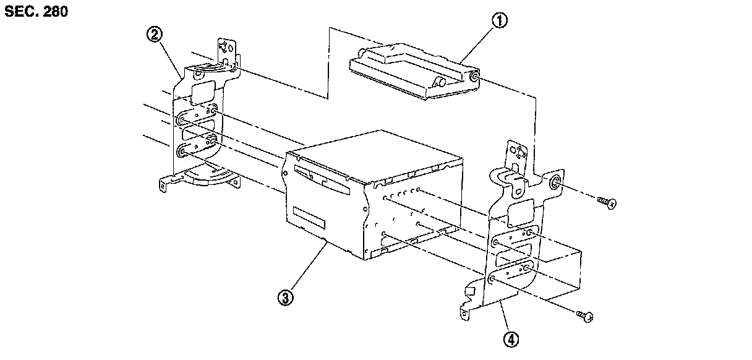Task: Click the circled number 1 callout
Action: pyautogui.click(x=499, y=20)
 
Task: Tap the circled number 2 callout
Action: pyautogui.click(x=154, y=34)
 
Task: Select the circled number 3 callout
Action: pyautogui.click(x=285, y=298)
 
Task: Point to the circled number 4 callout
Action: pyautogui.click(x=511, y=338)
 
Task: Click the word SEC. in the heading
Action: pyautogui.click(x=19, y=12)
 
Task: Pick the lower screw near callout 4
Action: pyautogui.click(x=585, y=317)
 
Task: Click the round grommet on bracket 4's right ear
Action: pyautogui.click(x=554, y=182)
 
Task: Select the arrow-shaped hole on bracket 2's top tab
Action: pyautogui.click(x=228, y=48)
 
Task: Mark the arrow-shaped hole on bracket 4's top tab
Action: pyautogui.click(x=518, y=151)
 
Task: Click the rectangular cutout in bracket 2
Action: pyautogui.click(x=200, y=94)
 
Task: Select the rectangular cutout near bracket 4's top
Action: pyautogui.click(x=518, y=214)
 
